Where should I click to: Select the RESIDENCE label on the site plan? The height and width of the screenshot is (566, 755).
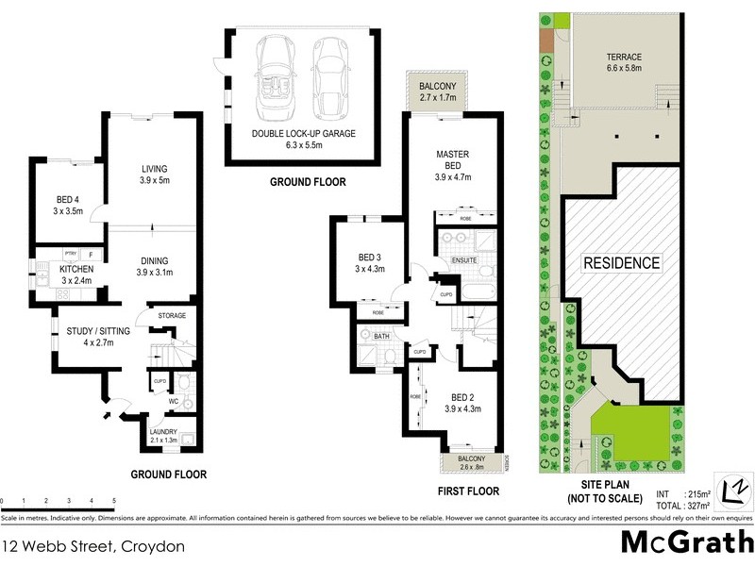tap(620, 262)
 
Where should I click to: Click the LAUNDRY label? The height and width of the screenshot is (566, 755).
tap(163, 432)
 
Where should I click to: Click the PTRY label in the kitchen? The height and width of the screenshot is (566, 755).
tap(70, 254)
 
